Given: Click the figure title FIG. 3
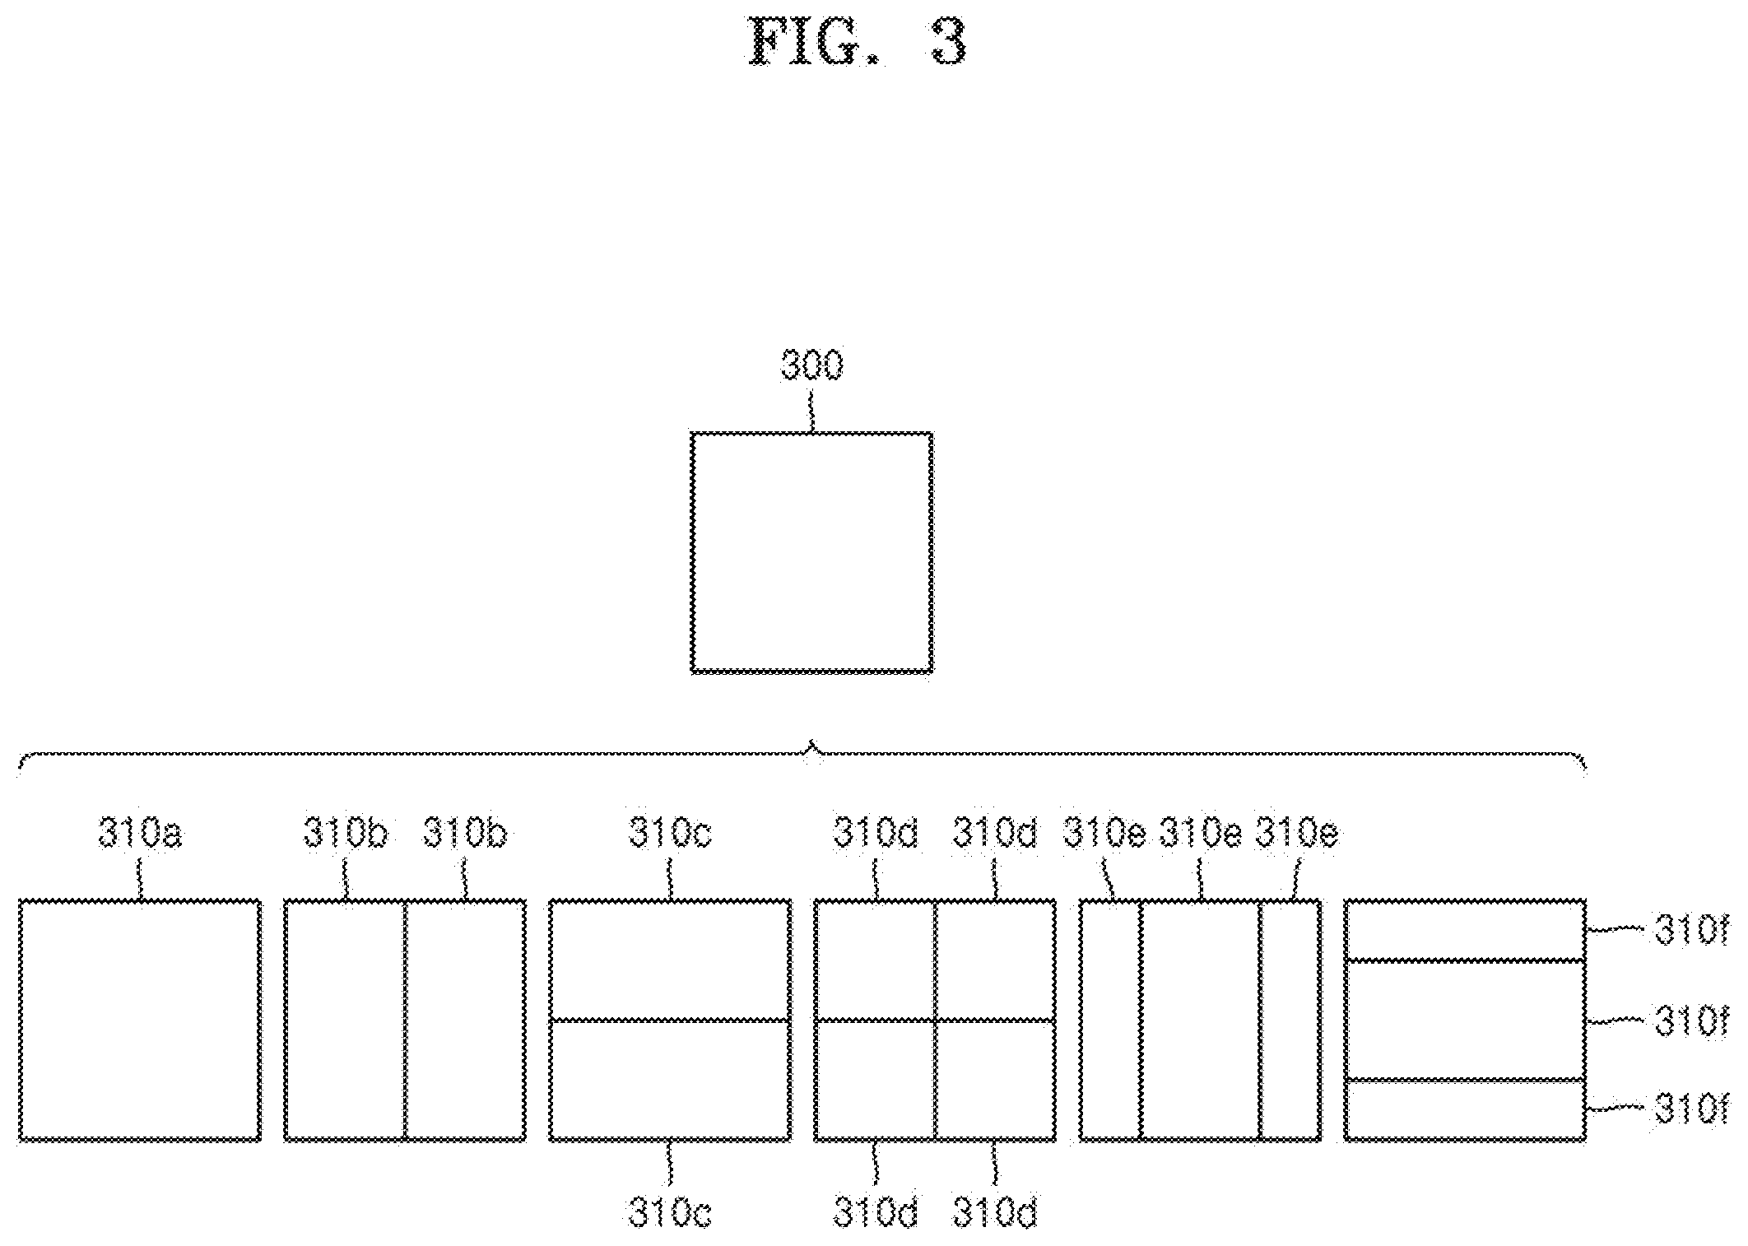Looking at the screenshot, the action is pos(856,41).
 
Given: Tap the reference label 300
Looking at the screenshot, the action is pos(812,365).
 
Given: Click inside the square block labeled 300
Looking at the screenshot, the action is pos(811,552).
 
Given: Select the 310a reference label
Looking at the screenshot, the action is pos(140,834).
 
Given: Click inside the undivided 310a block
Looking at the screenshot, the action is pos(140,1021).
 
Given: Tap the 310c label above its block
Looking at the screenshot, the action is pos(670,833).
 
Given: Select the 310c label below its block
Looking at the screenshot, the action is pos(670,1211).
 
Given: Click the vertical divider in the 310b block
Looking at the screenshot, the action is pos(406,1021).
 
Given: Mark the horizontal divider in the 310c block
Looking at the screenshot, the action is pos(670,1021).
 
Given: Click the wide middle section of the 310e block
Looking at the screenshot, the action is pos(1200,1021).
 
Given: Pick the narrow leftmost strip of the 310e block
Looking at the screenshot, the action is pos(1110,1021).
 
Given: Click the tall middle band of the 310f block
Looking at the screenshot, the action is pos(1465,1020).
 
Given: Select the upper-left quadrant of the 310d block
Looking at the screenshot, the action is pos(875,960).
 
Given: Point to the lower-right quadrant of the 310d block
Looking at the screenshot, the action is pos(996,1081).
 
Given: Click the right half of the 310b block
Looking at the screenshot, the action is pos(466,1021).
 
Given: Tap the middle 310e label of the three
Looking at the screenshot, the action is pos(1201,833).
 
